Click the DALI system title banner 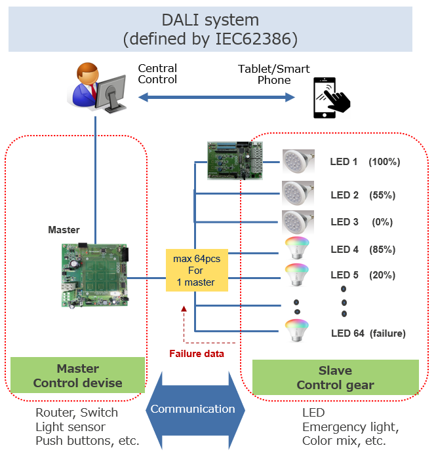click(210, 29)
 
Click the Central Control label click(157, 73)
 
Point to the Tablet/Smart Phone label click(273, 74)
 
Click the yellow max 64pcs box click(197, 271)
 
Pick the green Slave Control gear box click(335, 378)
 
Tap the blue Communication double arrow click(193, 409)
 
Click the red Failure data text click(197, 354)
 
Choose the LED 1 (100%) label click(365, 162)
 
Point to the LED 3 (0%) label click(361, 222)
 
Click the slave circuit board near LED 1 click(234, 160)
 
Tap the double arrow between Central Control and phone click(216, 98)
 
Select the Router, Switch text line click(77, 413)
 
